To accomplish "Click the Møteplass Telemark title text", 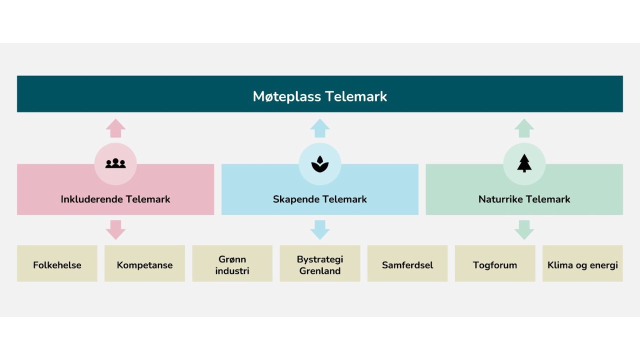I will pos(320,96).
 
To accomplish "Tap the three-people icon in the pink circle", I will pos(115,163).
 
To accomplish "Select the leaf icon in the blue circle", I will pos(320,164).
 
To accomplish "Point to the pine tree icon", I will pos(524,163).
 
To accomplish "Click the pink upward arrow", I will pos(115,128).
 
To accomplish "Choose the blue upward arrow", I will pos(320,128).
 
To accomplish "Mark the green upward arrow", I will pos(524,128).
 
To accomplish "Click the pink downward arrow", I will pos(115,229).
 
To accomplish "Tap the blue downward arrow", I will pos(320,229).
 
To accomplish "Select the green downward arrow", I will pos(524,229).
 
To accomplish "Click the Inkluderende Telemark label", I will pos(115,199).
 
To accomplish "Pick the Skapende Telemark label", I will pos(320,199).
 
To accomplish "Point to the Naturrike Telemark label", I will pos(524,199).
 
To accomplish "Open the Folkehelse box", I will pos(57,263).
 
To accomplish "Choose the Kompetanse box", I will pos(144,263).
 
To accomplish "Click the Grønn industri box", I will pos(232,263).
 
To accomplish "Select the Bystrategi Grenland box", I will pos(320,263).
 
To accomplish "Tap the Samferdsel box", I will pos(407,263).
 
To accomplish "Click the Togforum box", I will pos(495,263).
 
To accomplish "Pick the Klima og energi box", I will pos(582,263).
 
